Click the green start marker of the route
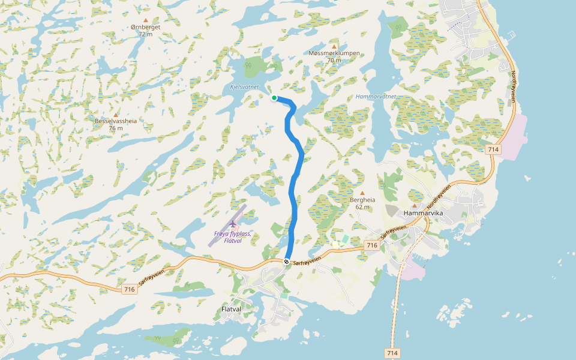[274, 98]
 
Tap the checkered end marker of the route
[287, 262]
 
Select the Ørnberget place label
[146, 27]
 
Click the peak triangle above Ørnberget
[146, 20]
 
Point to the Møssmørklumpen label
[334, 53]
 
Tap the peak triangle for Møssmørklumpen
[334, 46]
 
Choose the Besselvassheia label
[116, 121]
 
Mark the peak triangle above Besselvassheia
[116, 114]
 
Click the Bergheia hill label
[362, 200]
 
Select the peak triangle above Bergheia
[362, 193]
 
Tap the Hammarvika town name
[423, 213]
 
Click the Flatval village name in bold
[231, 310]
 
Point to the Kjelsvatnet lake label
[244, 87]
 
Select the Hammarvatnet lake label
[376, 96]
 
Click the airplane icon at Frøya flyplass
[233, 224]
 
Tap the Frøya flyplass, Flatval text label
[232, 237]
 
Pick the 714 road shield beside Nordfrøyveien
[493, 149]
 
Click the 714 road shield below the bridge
[392, 353]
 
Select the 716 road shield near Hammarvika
[371, 245]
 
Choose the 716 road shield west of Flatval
[129, 289]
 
